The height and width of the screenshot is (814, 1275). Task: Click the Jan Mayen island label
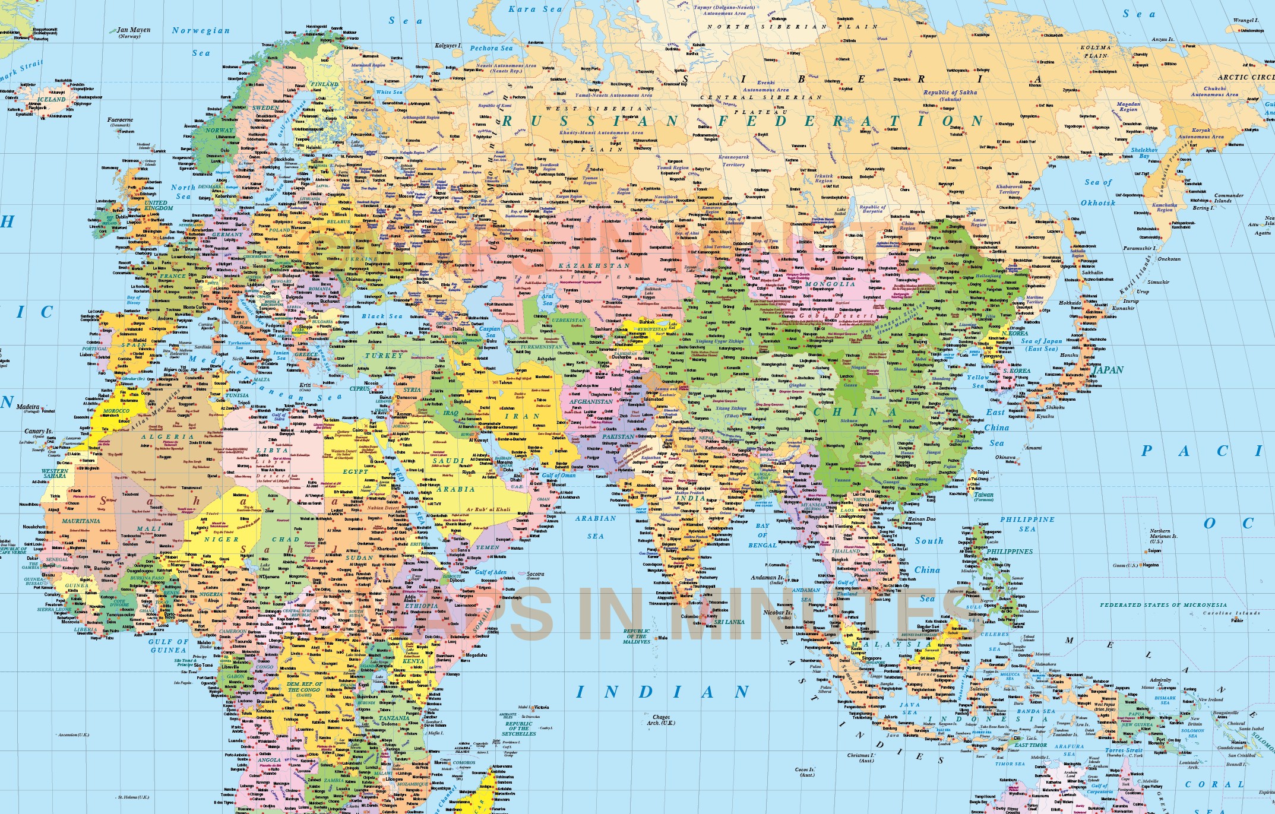point(133,30)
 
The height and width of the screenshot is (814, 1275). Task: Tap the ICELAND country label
point(52,99)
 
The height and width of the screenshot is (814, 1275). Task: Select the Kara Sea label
point(535,9)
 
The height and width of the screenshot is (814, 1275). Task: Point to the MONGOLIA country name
point(830,284)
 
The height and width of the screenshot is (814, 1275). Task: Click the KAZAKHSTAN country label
point(594,265)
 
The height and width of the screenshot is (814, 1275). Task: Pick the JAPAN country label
point(1108,370)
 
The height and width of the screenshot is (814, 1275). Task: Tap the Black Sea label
point(382,316)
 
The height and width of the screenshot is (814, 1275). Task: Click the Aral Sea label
point(548,299)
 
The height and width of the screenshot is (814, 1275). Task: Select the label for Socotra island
point(535,574)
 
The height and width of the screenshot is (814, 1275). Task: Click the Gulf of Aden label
point(491,572)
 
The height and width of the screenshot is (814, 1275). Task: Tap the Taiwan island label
point(983,495)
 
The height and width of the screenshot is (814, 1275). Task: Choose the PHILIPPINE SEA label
point(1027,524)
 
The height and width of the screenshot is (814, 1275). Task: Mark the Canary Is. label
point(38,432)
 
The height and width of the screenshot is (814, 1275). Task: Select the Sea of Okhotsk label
point(1098,192)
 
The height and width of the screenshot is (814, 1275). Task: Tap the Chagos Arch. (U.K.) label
point(661,720)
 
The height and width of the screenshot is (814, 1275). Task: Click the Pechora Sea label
point(491,48)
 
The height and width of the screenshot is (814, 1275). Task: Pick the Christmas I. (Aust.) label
point(860,758)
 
